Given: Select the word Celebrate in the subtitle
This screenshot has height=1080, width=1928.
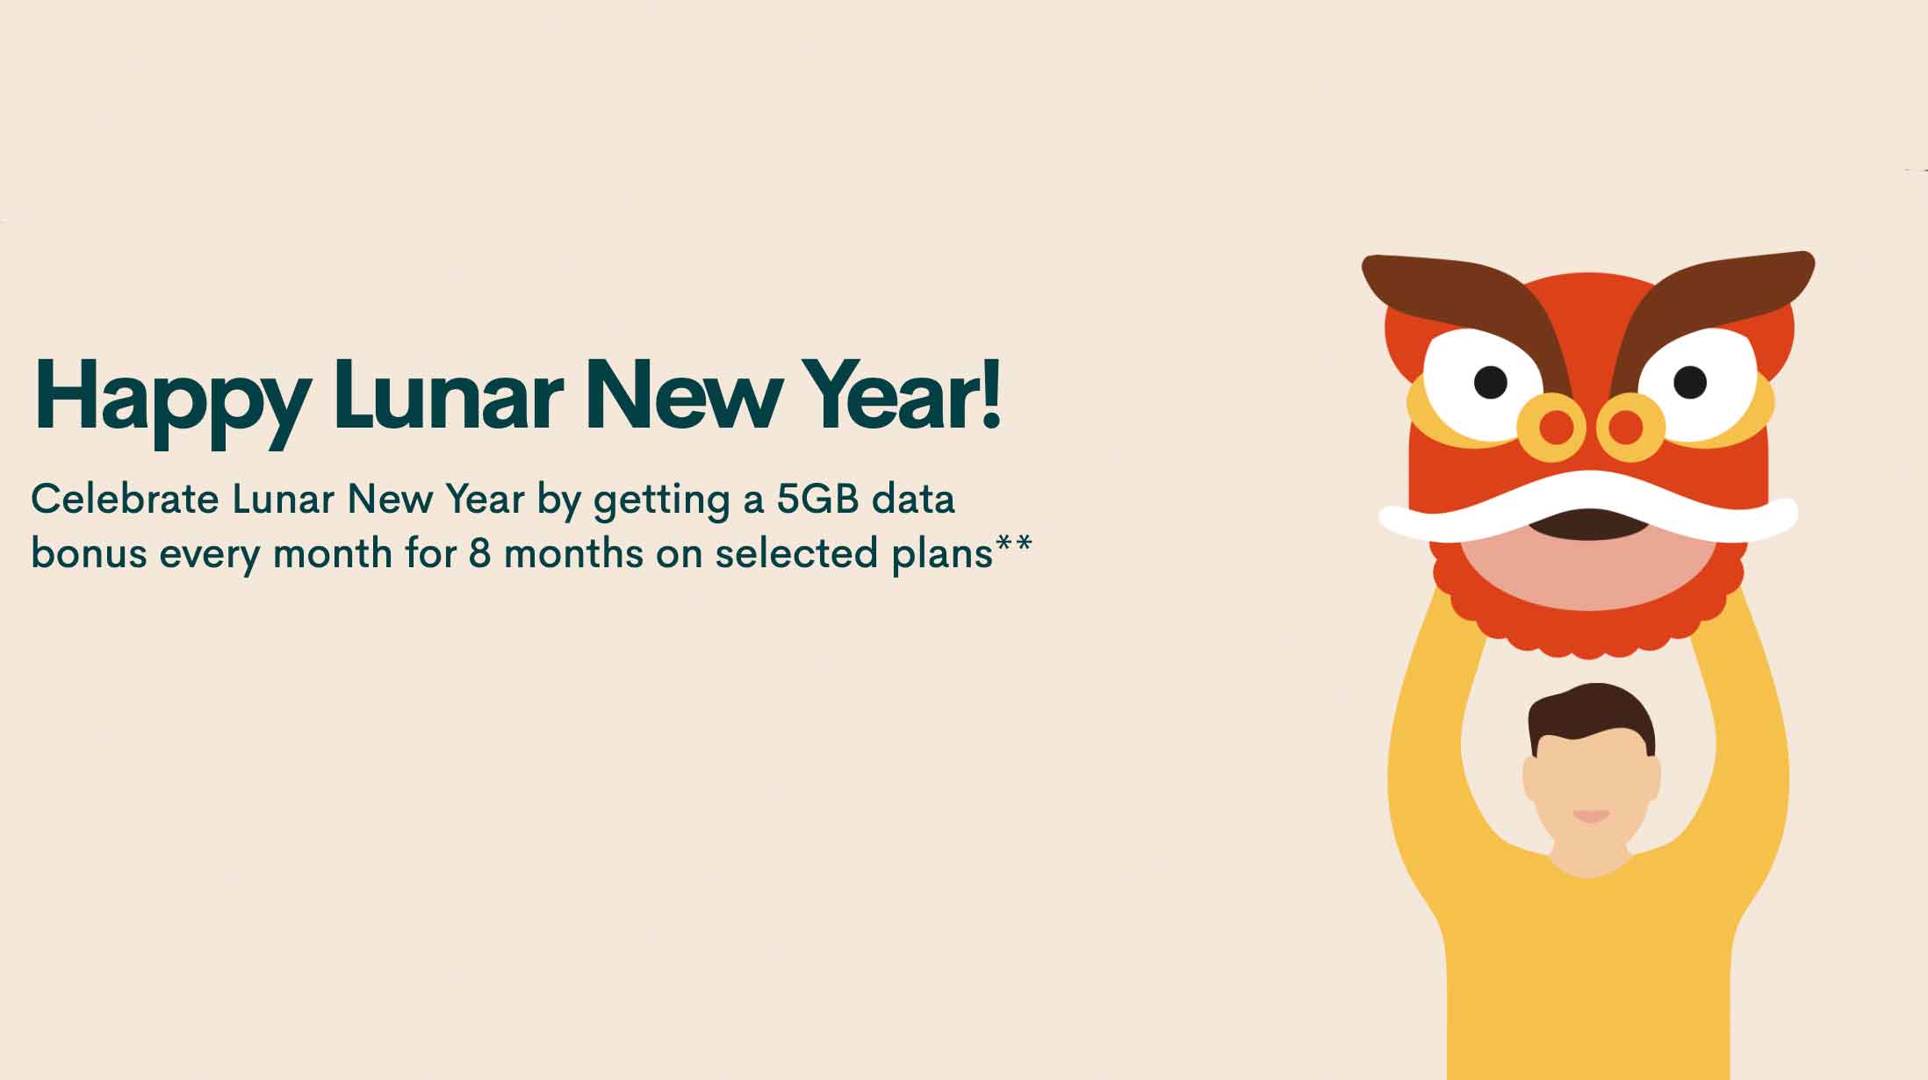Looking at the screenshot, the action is [x=125, y=499].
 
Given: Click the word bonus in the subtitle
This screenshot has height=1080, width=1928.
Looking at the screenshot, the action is [x=89, y=553].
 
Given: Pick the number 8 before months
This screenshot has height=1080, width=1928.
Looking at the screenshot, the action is [x=479, y=553].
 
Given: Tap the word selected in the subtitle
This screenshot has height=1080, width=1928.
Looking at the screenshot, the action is [x=796, y=553].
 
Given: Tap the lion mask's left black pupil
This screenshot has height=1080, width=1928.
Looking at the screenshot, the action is [x=1490, y=382].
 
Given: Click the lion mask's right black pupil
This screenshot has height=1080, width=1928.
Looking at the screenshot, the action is [x=1690, y=382].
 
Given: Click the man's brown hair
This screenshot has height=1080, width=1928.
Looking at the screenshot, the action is [x=1591, y=716].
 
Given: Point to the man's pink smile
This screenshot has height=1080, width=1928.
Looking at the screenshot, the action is [x=1591, y=816].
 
